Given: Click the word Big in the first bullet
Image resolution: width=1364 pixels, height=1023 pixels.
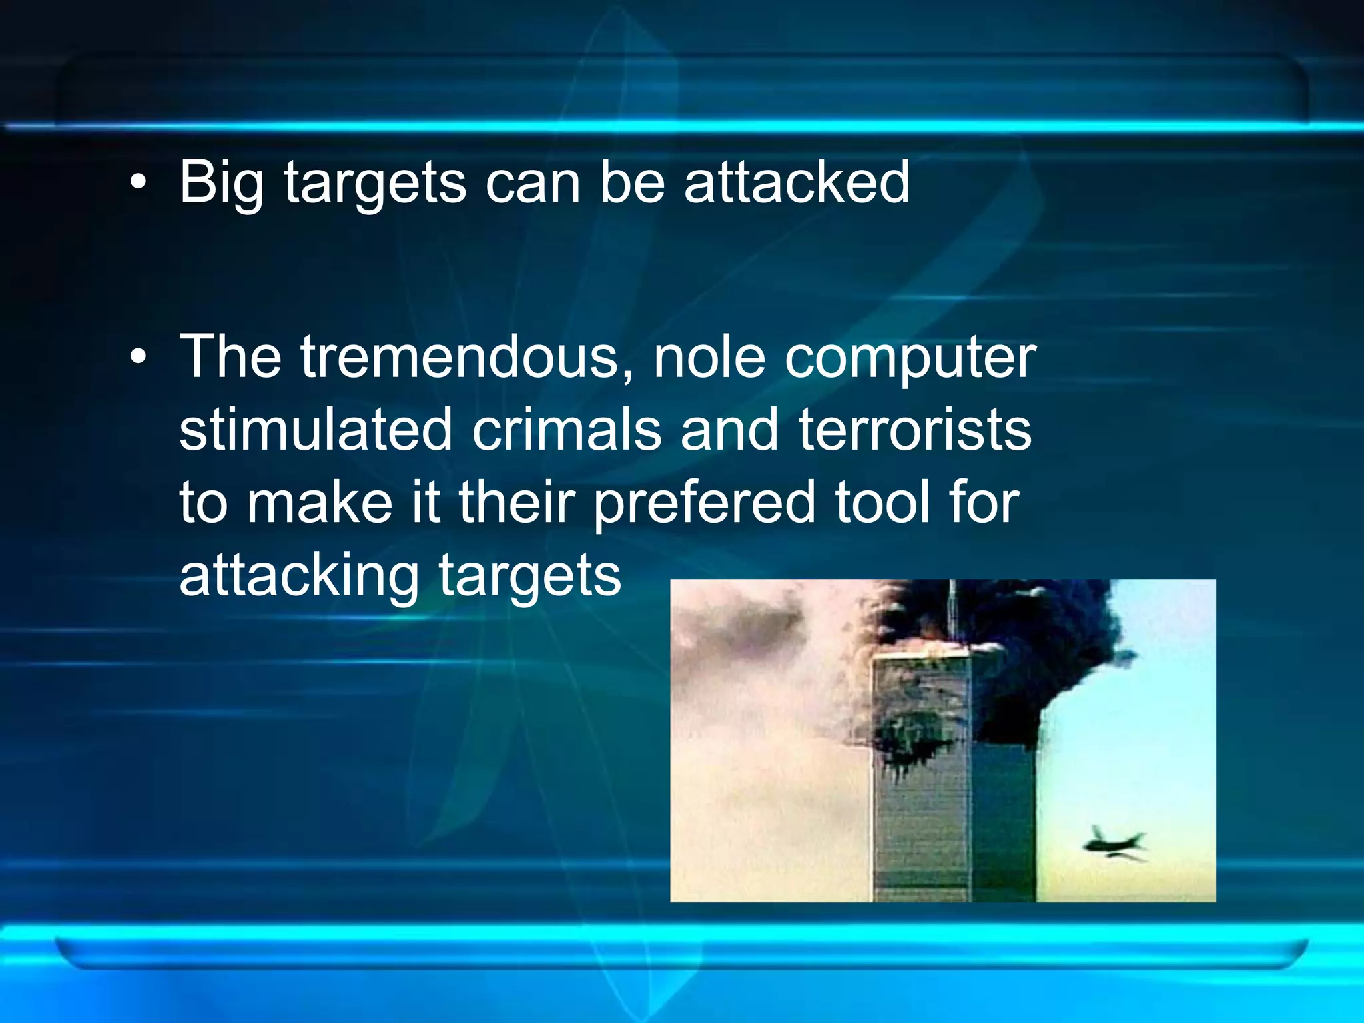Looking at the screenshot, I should click(221, 183).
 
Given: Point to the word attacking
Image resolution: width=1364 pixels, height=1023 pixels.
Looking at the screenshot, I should click(299, 577).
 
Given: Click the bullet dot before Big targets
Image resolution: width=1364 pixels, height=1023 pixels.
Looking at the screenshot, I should click(138, 183).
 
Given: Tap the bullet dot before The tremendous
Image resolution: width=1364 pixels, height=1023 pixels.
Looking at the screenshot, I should click(138, 358).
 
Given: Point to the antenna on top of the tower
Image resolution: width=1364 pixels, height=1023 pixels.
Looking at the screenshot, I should click(952, 609).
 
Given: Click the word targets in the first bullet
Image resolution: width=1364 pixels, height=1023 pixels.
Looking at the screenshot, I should click(376, 183).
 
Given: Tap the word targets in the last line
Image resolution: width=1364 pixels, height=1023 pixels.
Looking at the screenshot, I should click(529, 577).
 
